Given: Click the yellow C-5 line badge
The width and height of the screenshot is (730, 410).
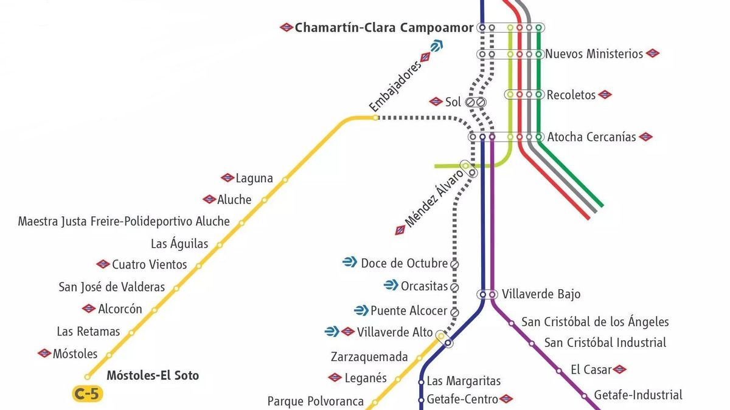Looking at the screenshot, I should click(86, 394).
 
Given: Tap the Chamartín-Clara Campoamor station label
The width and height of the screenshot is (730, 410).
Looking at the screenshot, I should click(383, 28).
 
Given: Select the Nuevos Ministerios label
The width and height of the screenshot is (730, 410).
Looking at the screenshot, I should click(594, 54).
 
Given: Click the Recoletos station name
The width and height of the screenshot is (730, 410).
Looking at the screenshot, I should click(571, 95).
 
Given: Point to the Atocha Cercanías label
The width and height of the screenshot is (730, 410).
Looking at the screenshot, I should click(591, 137).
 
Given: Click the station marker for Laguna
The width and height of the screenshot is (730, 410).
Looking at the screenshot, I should click(285, 179).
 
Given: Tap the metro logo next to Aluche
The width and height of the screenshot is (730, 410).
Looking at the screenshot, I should click(209, 199).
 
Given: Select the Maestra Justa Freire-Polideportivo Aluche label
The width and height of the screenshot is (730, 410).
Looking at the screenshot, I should click(124, 222).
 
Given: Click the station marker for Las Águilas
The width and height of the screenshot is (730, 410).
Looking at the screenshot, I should click(220, 245).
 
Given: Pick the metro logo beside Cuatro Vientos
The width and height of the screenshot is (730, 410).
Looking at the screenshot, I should click(103, 264).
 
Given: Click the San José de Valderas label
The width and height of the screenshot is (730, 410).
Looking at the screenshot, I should click(111, 287).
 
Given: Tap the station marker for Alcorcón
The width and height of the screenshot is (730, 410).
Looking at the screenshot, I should click(154, 310).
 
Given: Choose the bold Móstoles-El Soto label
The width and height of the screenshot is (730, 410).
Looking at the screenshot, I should click(153, 375).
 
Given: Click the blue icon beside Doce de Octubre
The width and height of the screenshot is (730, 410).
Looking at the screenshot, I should click(350, 262).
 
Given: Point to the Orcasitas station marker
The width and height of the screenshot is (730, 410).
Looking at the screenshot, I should click(454, 287).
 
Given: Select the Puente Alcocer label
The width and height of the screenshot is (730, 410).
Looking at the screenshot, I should click(409, 310).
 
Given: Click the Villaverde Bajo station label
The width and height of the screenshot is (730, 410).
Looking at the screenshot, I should click(541, 295).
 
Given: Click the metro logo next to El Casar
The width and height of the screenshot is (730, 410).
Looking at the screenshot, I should click(619, 369).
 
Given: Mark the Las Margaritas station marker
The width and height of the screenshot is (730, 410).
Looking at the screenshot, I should click(421, 382).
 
